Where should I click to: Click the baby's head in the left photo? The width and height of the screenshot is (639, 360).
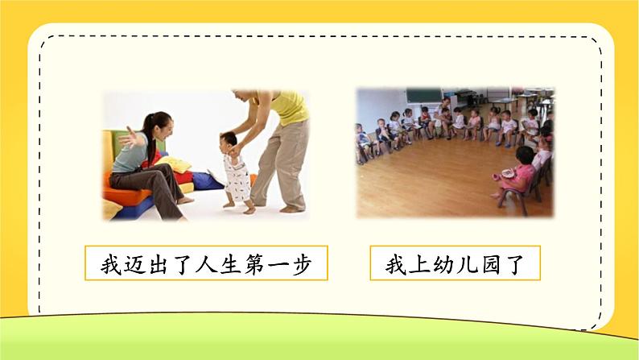pos(231,143)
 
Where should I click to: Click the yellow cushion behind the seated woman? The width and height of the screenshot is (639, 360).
pos(175,165)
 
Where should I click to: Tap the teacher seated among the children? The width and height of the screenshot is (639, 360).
pos(444,113)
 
